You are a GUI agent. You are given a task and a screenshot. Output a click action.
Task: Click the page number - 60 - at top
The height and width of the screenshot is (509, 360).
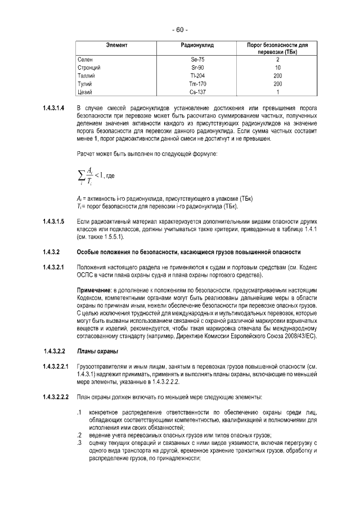coord(180,30)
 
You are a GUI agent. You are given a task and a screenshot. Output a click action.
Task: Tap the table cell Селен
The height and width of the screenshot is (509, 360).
coord(85,59)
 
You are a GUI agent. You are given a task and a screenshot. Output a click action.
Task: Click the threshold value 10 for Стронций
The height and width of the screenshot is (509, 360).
coord(277,67)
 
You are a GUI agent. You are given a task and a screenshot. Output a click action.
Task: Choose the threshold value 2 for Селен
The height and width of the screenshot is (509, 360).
coord(277,59)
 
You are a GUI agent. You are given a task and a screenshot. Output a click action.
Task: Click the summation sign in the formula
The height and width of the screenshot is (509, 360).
coord(81,176)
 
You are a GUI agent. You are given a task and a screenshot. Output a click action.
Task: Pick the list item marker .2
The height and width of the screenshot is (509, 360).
coord(80,436)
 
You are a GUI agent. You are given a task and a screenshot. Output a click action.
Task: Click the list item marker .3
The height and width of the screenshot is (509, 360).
coord(80,444)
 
